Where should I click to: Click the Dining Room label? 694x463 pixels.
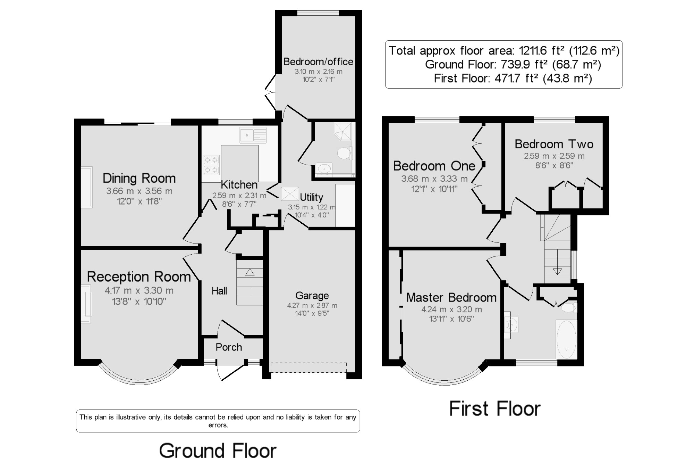(x=139, y=178)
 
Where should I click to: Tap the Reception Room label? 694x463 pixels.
(x=139, y=276)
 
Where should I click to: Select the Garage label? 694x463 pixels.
(x=312, y=296)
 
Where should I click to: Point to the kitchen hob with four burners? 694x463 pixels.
(x=211, y=165)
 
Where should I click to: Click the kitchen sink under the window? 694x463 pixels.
(x=253, y=135)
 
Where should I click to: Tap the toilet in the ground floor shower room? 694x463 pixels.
(x=345, y=153)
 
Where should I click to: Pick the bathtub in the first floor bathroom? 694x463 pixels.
(x=566, y=339)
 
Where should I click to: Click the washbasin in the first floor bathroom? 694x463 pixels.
(x=511, y=325)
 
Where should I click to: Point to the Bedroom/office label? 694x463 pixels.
(x=318, y=62)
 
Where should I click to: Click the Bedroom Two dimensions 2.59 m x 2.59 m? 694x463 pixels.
(x=554, y=156)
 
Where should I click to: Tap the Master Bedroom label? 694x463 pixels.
(x=451, y=298)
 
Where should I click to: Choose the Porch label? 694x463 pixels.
(x=229, y=347)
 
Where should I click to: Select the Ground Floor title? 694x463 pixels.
(x=218, y=451)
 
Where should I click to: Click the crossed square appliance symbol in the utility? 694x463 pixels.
(x=290, y=194)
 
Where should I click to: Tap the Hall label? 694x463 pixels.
(x=219, y=291)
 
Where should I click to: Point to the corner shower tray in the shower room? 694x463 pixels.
(x=343, y=131)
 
